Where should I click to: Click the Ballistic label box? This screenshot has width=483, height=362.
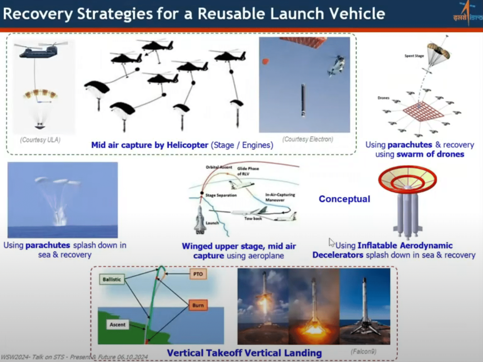pyautogui.click(x=112, y=279)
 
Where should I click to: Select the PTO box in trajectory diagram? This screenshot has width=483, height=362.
pyautogui.click(x=198, y=274)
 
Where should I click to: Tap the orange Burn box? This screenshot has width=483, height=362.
pyautogui.click(x=198, y=305)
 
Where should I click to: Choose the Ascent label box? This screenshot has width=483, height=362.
pyautogui.click(x=118, y=325)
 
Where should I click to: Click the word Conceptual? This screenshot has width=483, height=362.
pyautogui.click(x=344, y=199)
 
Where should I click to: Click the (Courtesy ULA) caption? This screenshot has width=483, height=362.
pyautogui.click(x=40, y=140)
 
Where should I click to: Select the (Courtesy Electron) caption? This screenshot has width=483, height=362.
pyautogui.click(x=308, y=139)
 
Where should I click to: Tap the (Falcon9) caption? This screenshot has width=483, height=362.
pyautogui.click(x=363, y=351)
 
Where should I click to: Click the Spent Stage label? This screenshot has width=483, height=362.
pyautogui.click(x=414, y=56)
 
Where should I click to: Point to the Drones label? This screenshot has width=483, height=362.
pyautogui.click(x=383, y=98)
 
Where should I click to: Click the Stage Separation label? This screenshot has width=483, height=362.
pyautogui.click(x=221, y=195)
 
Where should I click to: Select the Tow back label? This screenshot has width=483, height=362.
pyautogui.click(x=253, y=218)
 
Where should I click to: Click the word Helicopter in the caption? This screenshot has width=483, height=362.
pyautogui.click(x=188, y=145)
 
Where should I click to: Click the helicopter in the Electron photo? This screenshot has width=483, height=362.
pyautogui.click(x=337, y=66)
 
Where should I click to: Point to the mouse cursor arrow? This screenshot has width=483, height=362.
pyautogui.click(x=331, y=242)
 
